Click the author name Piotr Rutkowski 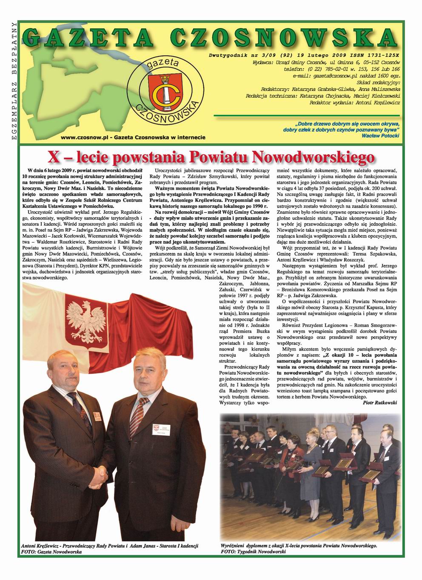tap(380, 402)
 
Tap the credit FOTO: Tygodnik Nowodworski tap(254, 552)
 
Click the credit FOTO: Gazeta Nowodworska tap(51, 552)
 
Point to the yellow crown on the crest tap(163, 78)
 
